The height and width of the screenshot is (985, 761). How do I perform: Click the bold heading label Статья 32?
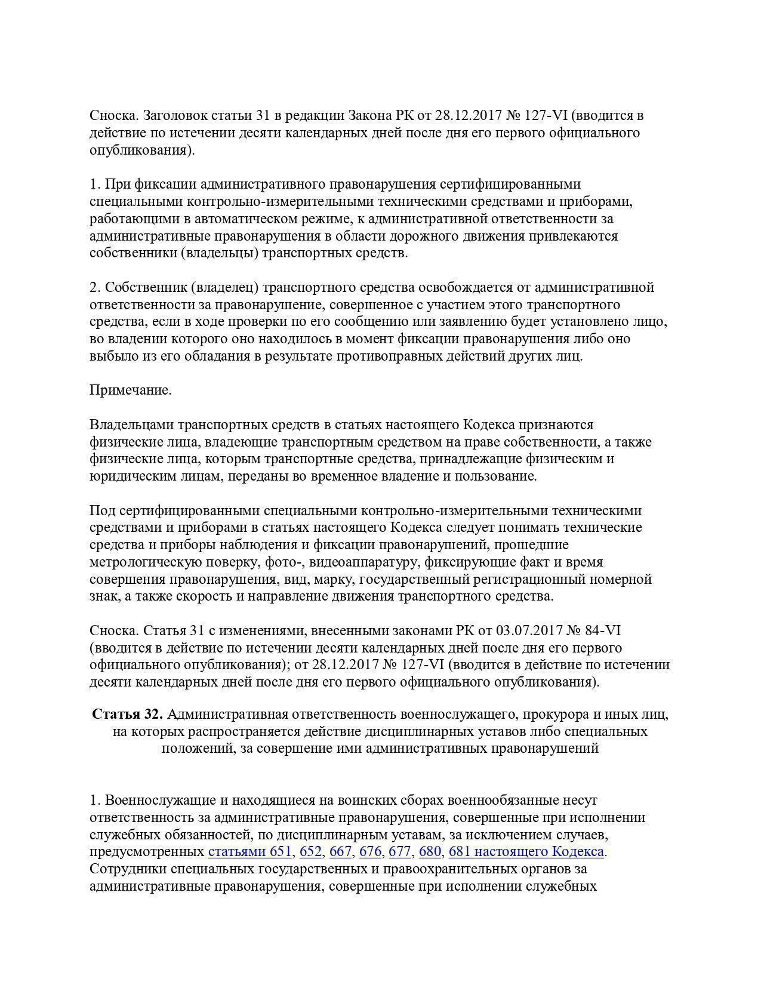pyautogui.click(x=127, y=714)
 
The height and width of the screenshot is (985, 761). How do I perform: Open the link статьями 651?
pyautogui.click(x=249, y=851)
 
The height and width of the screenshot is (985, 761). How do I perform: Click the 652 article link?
pyautogui.click(x=310, y=851)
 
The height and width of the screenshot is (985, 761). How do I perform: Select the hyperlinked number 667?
pyautogui.click(x=340, y=851)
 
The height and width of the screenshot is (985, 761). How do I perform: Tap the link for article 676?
pyautogui.click(x=370, y=851)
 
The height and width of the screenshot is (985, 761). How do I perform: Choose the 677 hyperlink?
pyautogui.click(x=400, y=851)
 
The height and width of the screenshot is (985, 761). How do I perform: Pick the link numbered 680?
pyautogui.click(x=430, y=851)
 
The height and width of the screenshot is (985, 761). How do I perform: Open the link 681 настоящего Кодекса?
pyautogui.click(x=526, y=851)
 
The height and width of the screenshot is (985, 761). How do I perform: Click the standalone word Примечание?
pyautogui.click(x=131, y=390)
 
